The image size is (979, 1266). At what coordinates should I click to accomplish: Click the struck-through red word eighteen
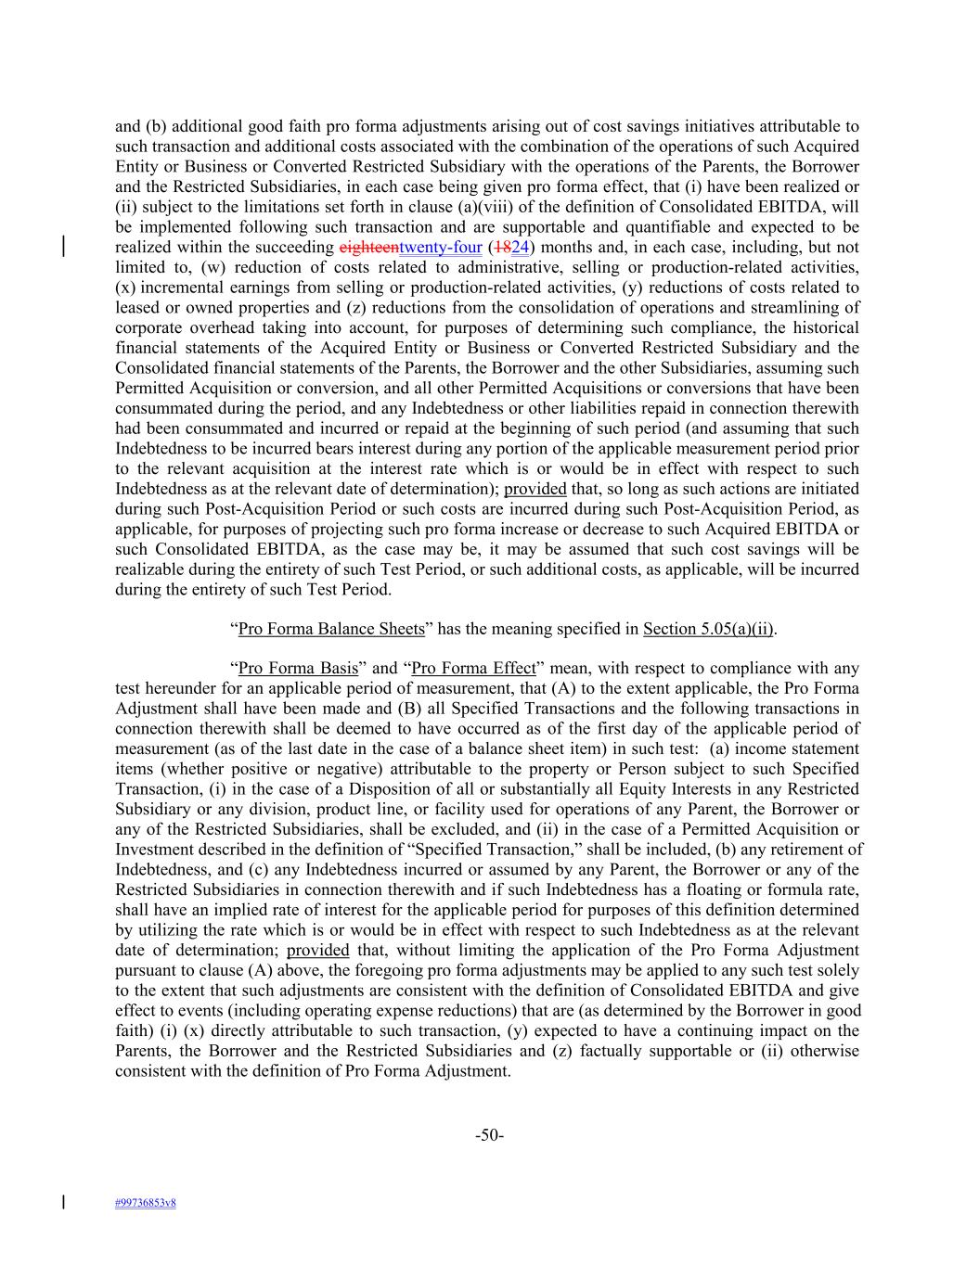click(368, 248)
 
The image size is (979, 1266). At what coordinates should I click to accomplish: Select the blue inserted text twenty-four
click(440, 248)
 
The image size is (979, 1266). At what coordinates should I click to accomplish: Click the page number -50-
click(489, 1135)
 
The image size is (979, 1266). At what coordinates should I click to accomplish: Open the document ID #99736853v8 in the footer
click(146, 1203)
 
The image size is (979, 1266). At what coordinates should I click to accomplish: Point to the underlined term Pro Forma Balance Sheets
click(331, 629)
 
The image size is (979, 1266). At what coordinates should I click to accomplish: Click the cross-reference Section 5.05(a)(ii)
click(709, 629)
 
